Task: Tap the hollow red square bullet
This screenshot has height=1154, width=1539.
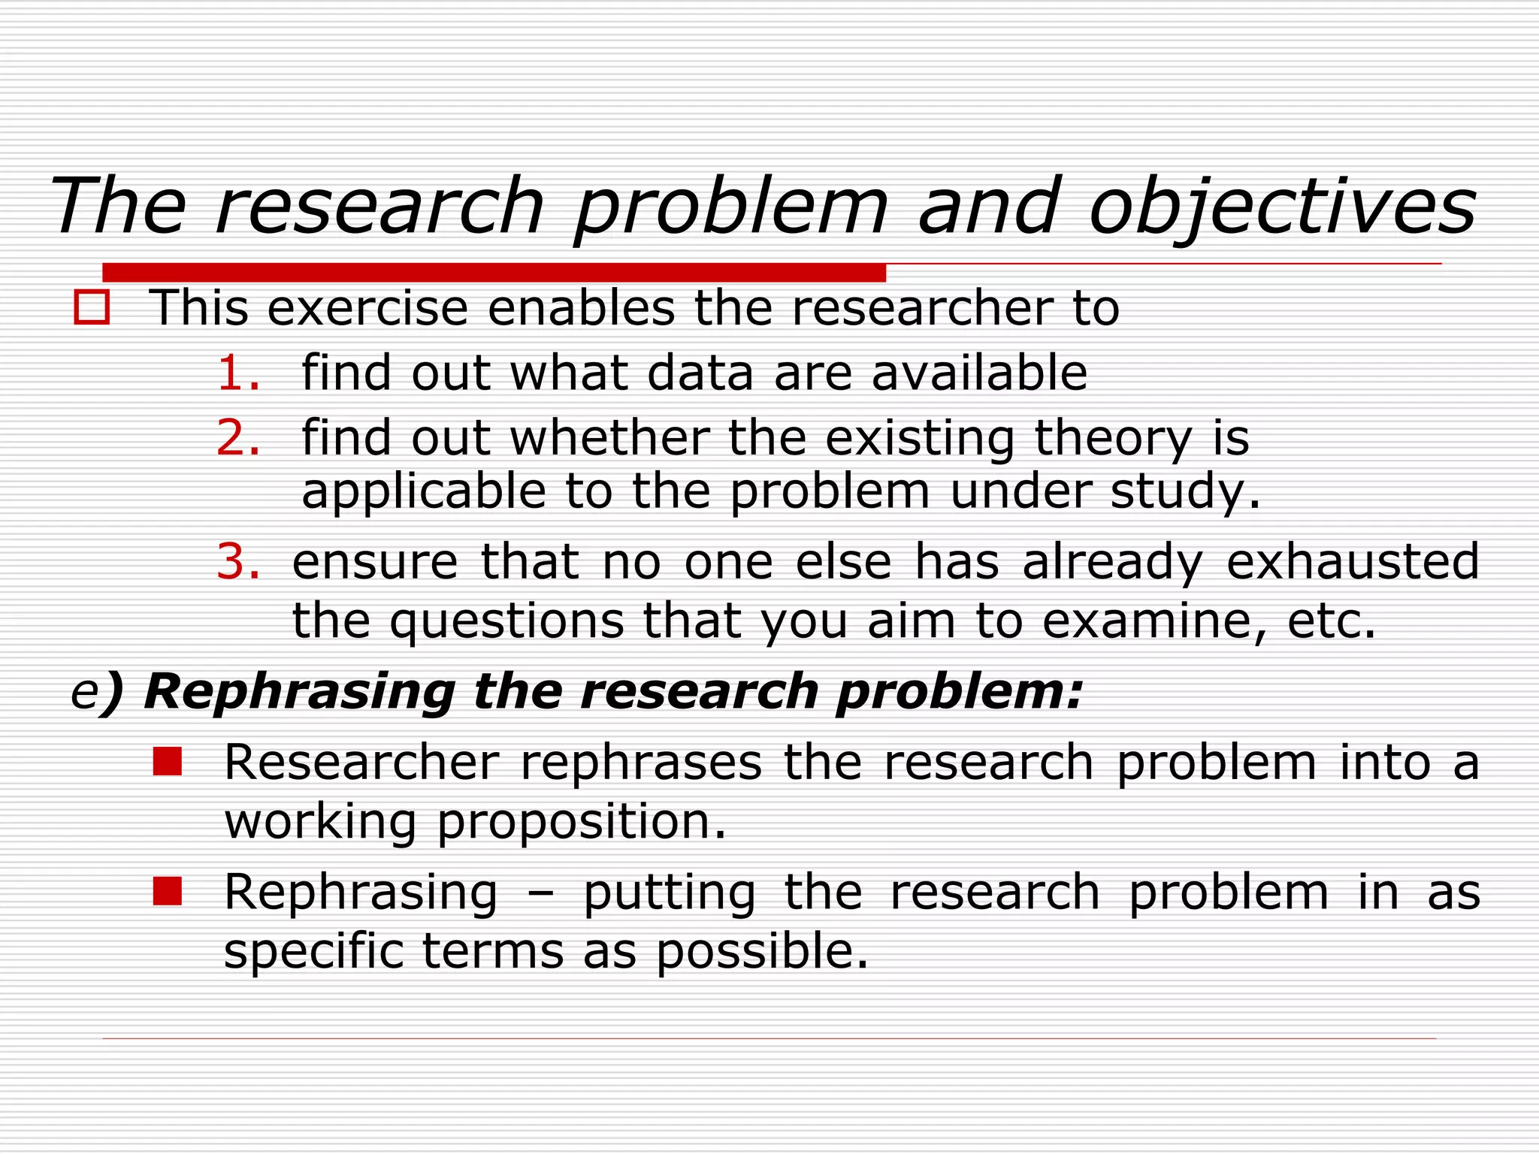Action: tap(92, 309)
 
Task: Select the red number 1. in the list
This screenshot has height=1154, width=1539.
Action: tap(238, 373)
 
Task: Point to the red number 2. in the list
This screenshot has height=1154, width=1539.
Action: tap(238, 438)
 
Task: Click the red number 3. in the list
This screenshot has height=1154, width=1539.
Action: tap(238, 562)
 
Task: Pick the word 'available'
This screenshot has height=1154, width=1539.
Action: tap(978, 373)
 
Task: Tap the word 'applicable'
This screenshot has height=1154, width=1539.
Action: tap(423, 493)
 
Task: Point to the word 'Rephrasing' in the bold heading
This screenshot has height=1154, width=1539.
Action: tap(299, 691)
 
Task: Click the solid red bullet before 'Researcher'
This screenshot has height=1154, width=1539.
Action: tap(167, 762)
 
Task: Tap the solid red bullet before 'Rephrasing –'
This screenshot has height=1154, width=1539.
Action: tap(167, 891)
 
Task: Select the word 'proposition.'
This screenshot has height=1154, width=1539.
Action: tap(582, 823)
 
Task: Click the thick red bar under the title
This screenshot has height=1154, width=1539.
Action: tap(494, 272)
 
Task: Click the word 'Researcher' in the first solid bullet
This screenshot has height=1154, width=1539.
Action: tap(361, 763)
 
